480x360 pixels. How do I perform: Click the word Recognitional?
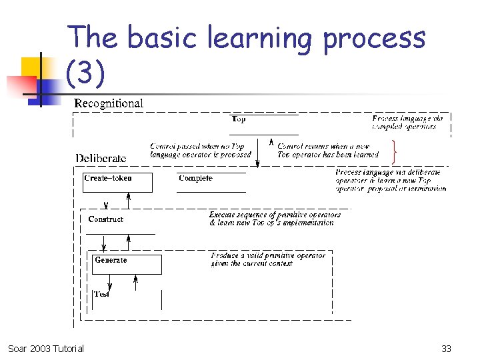[108, 103]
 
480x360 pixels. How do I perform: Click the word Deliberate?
[101, 158]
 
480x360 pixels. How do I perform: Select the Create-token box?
[117, 182]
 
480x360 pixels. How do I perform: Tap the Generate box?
[127, 264]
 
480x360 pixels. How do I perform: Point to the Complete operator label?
[195, 178]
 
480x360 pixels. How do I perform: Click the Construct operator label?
[105, 219]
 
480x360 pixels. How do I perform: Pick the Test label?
[101, 294]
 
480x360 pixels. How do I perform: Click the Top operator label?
[238, 119]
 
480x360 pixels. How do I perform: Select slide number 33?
[447, 348]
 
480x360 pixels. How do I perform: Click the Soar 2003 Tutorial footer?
[46, 348]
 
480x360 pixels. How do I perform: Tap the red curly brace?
[397, 153]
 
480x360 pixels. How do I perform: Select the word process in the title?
[374, 39]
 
